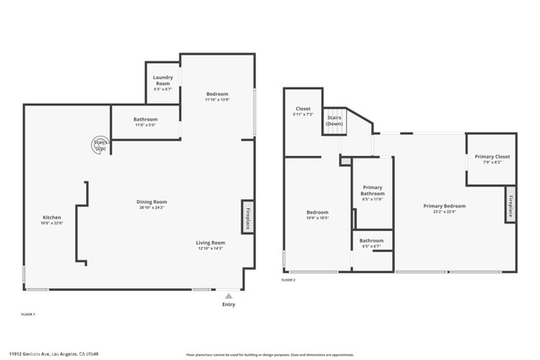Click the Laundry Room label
pyautogui.click(x=163, y=81)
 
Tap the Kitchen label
pyautogui.click(x=52, y=218)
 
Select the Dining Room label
pyautogui.click(x=153, y=201)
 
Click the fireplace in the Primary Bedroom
pyautogui.click(x=510, y=203)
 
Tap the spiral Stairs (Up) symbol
pyautogui.click(x=100, y=144)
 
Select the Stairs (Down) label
pyautogui.click(x=335, y=121)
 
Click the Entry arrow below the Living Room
pyautogui.click(x=229, y=295)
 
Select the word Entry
pyautogui.click(x=229, y=304)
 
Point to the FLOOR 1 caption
pyautogui.click(x=28, y=314)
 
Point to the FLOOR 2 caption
pyautogui.click(x=289, y=280)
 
